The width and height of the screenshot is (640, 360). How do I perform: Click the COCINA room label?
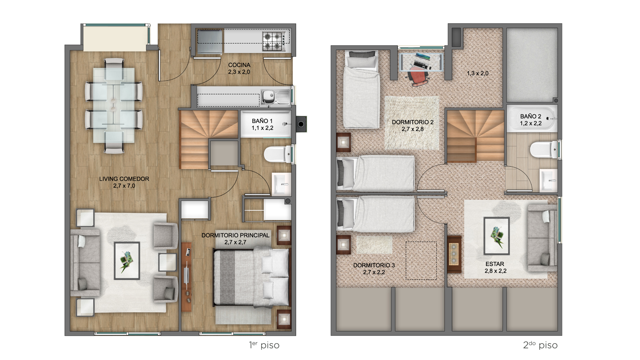[x=239, y=65]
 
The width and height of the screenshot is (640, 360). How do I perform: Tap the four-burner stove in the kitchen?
[x=274, y=41]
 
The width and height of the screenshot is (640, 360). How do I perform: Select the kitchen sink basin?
[x=267, y=97]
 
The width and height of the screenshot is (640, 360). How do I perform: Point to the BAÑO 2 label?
[x=531, y=116]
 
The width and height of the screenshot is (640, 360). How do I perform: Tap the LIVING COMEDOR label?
[x=124, y=179]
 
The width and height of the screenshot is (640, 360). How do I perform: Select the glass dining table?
[x=114, y=105]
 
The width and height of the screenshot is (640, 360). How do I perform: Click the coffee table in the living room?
[x=127, y=261]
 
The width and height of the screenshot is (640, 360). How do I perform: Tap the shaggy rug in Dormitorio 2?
[x=412, y=123]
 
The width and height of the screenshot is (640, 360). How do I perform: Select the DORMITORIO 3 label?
[x=374, y=265]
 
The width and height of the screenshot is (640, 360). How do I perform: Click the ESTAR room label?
[x=495, y=264]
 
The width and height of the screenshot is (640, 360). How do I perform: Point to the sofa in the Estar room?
[x=542, y=239]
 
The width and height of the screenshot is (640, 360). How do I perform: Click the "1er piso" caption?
[x=264, y=345]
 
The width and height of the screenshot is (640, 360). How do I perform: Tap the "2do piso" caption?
[x=540, y=345]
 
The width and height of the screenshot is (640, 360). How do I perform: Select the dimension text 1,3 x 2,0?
[x=478, y=73]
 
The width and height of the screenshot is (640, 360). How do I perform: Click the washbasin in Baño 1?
[x=282, y=184]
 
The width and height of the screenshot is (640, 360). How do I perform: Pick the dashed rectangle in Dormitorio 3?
[x=421, y=261]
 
